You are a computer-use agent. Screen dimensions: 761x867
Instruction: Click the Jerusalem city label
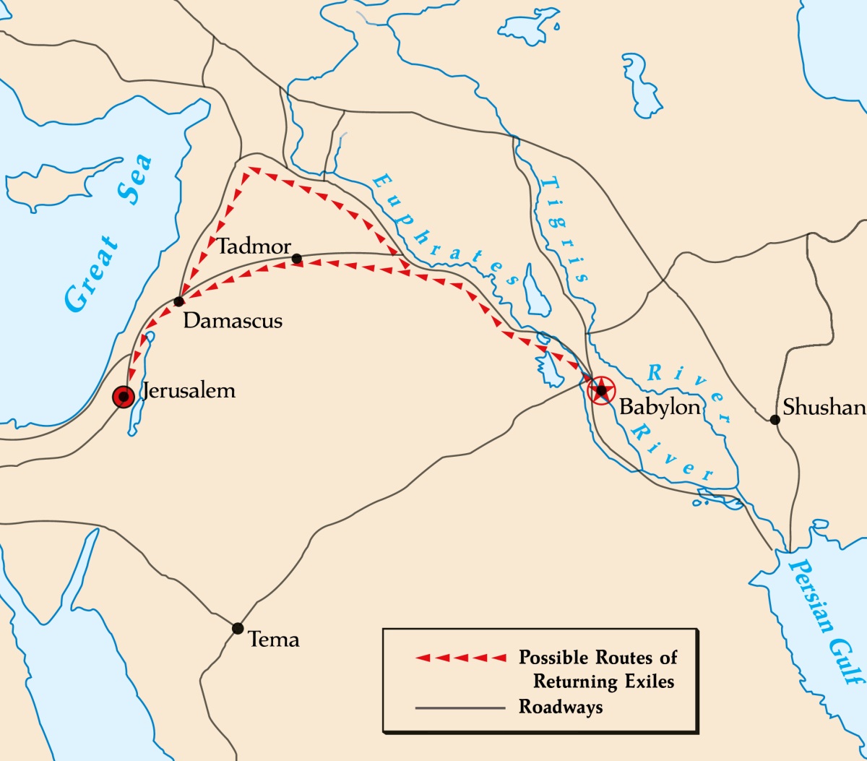click(x=189, y=391)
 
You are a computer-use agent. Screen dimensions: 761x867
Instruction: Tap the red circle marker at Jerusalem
click(x=124, y=396)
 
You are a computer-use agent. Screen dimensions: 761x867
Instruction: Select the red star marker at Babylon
click(x=601, y=390)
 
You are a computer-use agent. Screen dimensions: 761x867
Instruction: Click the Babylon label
click(x=660, y=407)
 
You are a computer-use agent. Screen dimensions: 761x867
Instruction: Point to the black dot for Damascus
click(x=178, y=301)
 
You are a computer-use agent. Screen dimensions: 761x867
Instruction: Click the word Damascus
click(x=233, y=320)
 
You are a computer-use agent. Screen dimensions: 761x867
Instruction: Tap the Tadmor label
click(x=254, y=246)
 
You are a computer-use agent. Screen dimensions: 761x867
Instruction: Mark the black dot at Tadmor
click(x=296, y=258)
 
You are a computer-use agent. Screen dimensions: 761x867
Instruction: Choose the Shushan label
click(x=824, y=408)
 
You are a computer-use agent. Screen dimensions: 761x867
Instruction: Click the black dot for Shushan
click(x=775, y=419)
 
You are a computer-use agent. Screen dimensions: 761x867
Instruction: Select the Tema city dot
click(x=238, y=628)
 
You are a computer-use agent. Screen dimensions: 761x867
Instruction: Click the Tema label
click(x=273, y=640)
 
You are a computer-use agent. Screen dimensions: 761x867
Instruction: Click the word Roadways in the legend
click(x=560, y=706)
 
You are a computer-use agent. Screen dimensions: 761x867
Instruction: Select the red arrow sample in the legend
click(x=461, y=658)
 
